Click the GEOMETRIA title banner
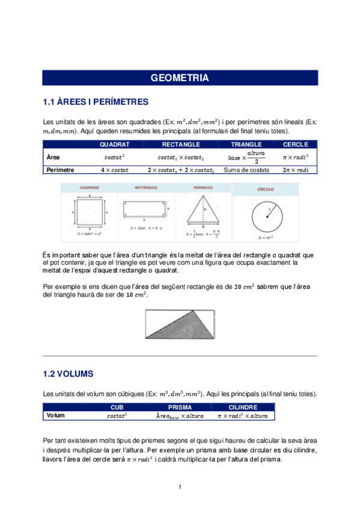180,78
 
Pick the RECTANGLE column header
181,144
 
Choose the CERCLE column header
296,144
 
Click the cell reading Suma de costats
246,170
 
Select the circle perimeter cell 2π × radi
296,170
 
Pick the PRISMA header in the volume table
180,407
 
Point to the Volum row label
55,415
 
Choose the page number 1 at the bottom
180,486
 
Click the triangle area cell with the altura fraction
246,157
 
